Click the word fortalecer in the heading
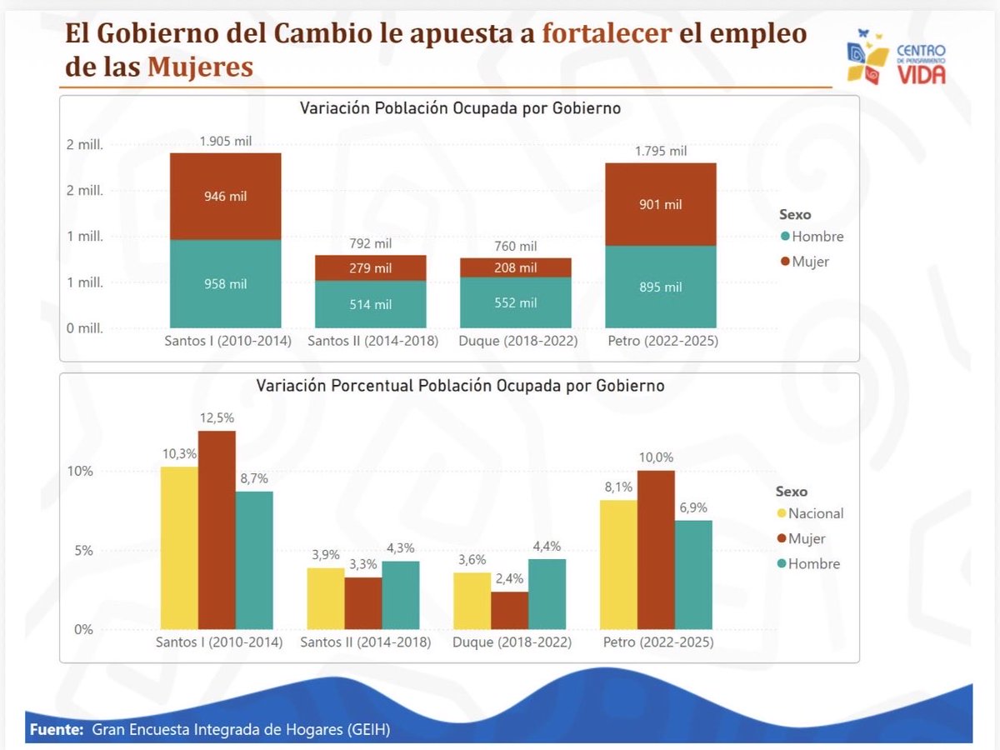tap(607, 33)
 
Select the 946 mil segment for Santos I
tap(226, 197)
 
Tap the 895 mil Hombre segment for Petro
tap(661, 287)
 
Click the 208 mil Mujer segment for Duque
tap(516, 267)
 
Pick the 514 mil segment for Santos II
tap(371, 304)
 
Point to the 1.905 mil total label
tap(226, 141)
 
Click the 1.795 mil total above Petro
tap(661, 151)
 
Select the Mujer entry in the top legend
tap(810, 262)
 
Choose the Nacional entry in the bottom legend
tap(815, 513)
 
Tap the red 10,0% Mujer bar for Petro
tap(656, 550)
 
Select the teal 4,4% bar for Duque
tap(547, 593)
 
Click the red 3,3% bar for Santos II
tap(363, 603)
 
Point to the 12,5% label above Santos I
tap(217, 417)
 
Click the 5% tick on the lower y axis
tap(83, 550)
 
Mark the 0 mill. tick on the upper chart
tap(85, 327)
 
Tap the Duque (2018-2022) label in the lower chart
tap(512, 642)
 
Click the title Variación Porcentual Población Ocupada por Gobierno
tap(460, 386)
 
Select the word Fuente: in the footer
tap(57, 730)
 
